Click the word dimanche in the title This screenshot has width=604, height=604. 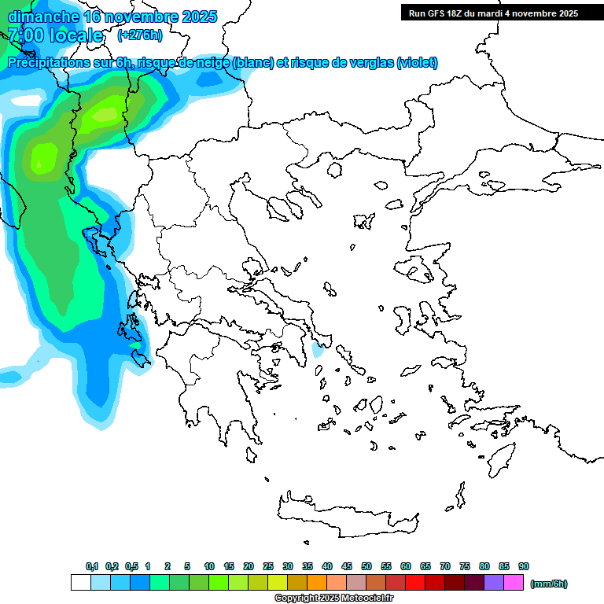click(x=42, y=17)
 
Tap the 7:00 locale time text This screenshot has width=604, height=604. click(x=55, y=35)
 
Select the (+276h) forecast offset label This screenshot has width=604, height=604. click(x=139, y=35)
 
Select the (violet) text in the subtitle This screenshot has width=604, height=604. click(x=417, y=63)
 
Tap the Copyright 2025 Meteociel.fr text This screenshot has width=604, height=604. click(x=333, y=598)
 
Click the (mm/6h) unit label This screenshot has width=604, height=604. click(x=549, y=584)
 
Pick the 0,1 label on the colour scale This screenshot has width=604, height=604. click(x=92, y=567)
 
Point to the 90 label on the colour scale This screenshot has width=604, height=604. click(x=524, y=567)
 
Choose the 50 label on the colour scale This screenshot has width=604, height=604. click(x=366, y=567)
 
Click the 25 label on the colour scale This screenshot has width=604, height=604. click(x=268, y=567)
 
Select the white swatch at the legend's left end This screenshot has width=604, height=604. click(x=80, y=583)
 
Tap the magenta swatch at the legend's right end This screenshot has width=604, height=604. click(x=514, y=583)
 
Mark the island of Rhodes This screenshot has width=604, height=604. click(x=500, y=457)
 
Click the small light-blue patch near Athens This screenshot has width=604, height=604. click(x=319, y=350)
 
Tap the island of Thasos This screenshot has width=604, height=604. click(x=336, y=169)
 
